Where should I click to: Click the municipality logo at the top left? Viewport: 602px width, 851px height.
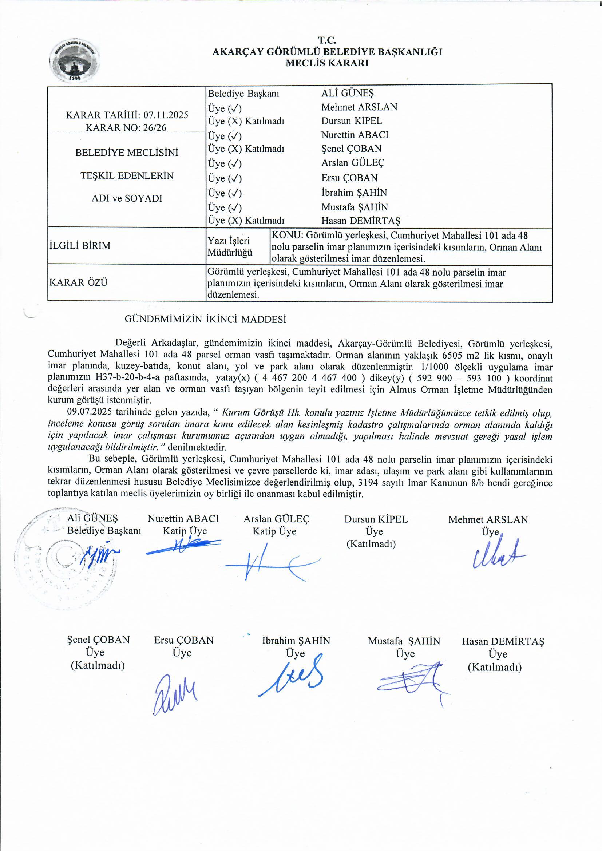(x=75, y=60)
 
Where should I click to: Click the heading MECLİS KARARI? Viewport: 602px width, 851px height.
(x=327, y=63)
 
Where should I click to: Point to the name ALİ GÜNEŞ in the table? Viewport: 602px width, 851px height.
(x=348, y=93)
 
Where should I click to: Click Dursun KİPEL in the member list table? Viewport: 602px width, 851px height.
(x=352, y=121)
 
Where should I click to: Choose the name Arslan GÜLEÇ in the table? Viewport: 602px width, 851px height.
(x=353, y=163)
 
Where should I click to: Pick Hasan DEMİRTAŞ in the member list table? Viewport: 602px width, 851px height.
(x=361, y=221)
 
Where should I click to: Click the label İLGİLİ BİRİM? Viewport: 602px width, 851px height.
(x=80, y=246)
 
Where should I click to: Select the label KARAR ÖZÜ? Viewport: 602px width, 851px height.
(x=78, y=282)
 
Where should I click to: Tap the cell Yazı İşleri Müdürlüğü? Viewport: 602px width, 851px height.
(x=230, y=246)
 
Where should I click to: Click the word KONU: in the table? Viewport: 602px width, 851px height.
(x=288, y=236)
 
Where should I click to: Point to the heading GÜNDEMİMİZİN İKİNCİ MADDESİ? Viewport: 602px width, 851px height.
(x=205, y=320)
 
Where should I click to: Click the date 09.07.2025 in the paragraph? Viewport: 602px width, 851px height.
(x=89, y=412)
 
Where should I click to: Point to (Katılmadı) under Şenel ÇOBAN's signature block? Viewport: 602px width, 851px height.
(x=98, y=665)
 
